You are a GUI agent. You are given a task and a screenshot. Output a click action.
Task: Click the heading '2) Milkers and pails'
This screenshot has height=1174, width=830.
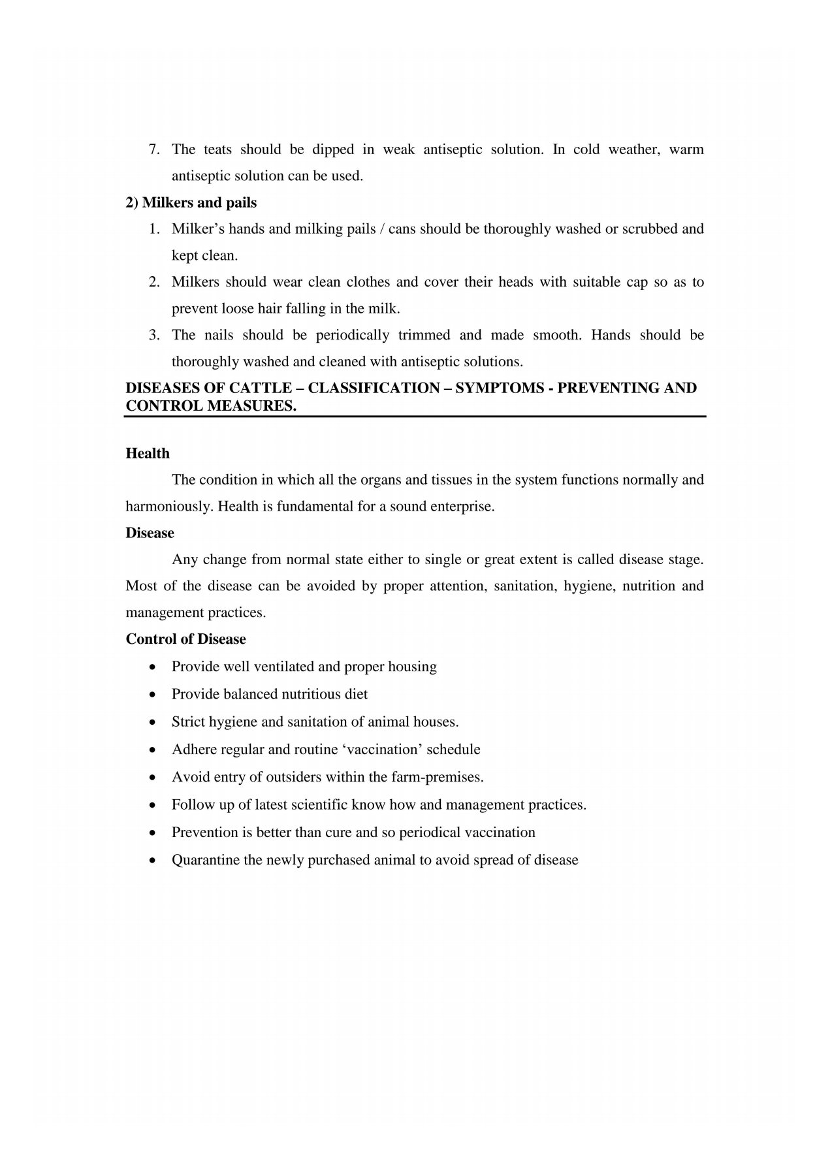coord(191,202)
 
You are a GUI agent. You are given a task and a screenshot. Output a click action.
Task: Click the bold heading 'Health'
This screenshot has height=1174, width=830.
coord(148,453)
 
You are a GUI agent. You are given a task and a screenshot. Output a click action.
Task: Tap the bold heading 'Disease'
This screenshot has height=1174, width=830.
coord(150,533)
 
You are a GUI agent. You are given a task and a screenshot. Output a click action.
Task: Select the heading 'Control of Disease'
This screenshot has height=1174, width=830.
coord(185,639)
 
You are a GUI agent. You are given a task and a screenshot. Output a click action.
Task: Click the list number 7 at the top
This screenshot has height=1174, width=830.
coord(153,150)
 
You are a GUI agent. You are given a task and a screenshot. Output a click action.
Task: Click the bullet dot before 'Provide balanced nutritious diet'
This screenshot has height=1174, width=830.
coord(152,695)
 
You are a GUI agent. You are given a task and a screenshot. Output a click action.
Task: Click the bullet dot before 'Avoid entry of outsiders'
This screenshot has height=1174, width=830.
coord(152,778)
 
